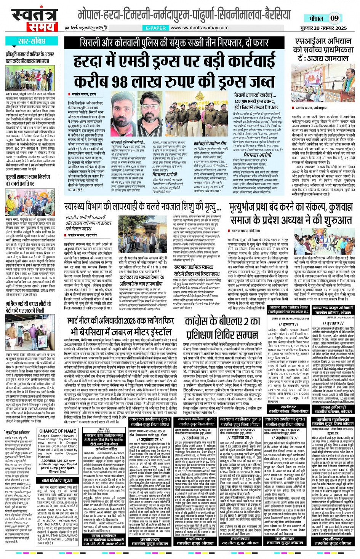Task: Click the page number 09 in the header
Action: tap(334, 18)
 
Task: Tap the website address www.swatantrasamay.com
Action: tap(199, 28)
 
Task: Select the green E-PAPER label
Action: tap(156, 28)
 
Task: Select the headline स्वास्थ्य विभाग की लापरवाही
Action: tap(143, 207)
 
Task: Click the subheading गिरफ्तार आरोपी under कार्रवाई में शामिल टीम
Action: tap(256, 155)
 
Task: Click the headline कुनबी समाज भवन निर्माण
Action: tap(27, 180)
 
